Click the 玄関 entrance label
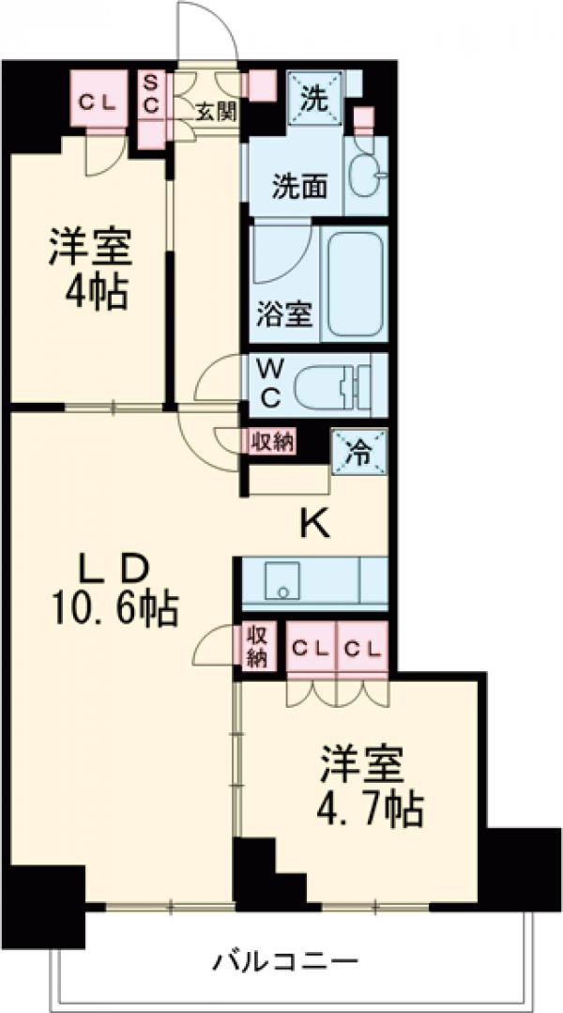click(215, 110)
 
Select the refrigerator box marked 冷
click(358, 453)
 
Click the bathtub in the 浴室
click(354, 283)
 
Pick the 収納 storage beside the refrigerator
click(272, 442)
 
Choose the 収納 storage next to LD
click(256, 646)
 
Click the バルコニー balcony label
click(284, 961)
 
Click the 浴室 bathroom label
click(284, 315)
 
